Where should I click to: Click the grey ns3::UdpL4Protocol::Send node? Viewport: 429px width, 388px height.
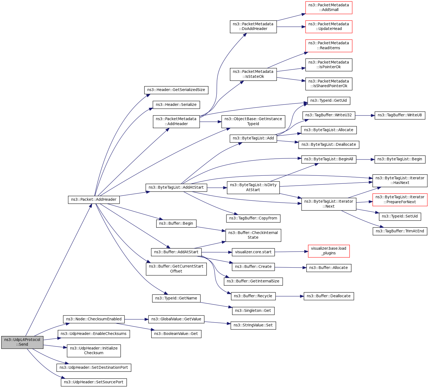(x=22, y=342)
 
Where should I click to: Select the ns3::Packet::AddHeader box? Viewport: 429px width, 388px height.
(x=94, y=200)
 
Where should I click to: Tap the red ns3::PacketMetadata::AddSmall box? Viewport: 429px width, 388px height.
(x=329, y=7)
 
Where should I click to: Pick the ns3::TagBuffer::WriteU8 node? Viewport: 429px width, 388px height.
(x=400, y=115)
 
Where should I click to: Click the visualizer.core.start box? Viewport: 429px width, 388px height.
(x=253, y=252)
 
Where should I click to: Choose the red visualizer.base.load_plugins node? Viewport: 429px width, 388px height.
(x=329, y=251)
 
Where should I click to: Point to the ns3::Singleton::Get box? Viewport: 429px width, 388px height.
(x=253, y=311)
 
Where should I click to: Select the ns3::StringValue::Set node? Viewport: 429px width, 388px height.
(x=253, y=325)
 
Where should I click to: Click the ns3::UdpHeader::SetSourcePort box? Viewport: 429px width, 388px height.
(x=94, y=382)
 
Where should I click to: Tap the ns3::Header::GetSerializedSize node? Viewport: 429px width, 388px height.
(x=176, y=90)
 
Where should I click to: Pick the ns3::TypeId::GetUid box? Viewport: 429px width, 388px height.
(x=329, y=101)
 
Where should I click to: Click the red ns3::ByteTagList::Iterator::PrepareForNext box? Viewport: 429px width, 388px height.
(x=400, y=200)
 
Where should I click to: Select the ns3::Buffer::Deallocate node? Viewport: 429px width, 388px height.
(x=329, y=296)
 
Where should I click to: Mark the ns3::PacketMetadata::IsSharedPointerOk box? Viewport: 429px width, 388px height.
(x=329, y=84)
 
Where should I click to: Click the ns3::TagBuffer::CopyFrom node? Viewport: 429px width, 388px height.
(x=253, y=218)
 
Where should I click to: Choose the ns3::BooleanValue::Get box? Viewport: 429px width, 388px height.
(x=176, y=334)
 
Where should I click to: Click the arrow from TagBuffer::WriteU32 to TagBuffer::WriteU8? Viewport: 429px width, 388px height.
(x=365, y=115)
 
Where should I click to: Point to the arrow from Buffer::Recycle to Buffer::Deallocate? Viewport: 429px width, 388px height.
(x=289, y=296)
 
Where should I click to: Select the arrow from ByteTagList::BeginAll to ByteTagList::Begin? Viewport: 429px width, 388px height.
(x=365, y=159)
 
